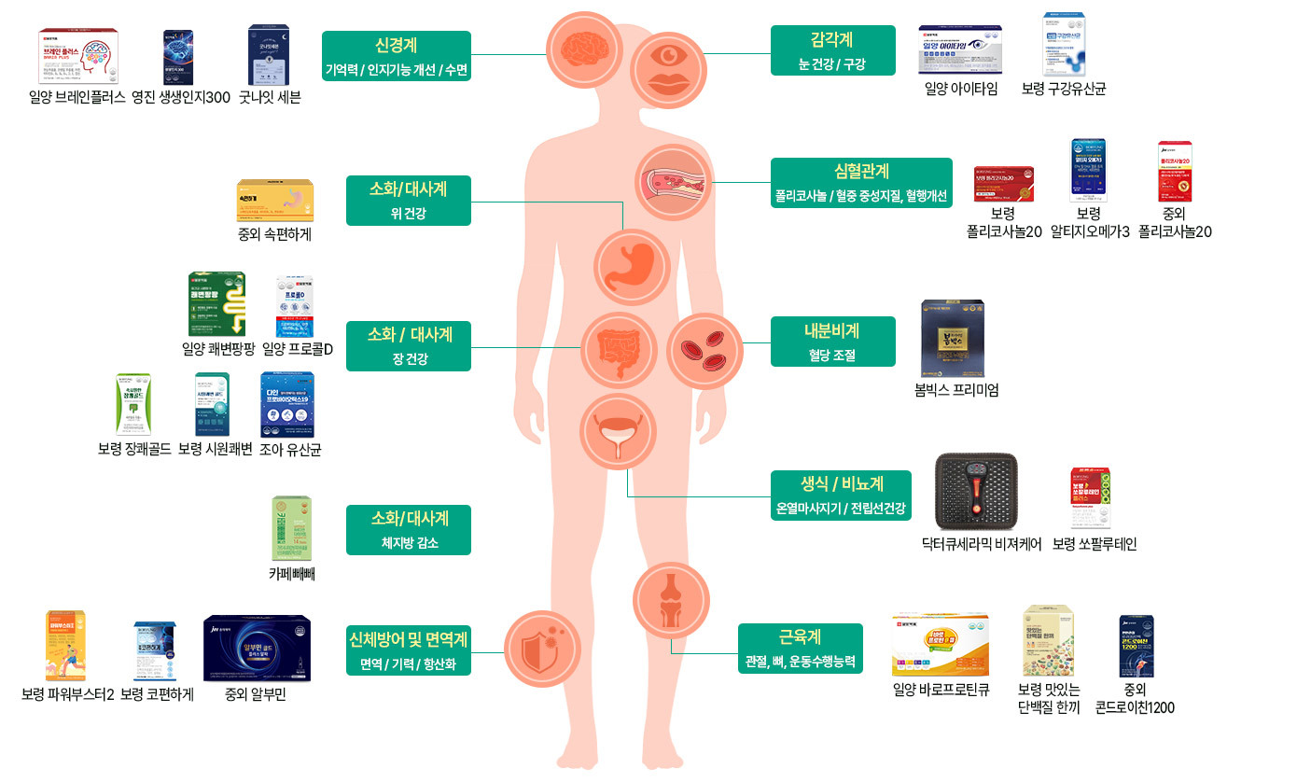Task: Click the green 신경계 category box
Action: point(397,56)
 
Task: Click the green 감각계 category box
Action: point(832,50)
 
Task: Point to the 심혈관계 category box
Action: point(861,183)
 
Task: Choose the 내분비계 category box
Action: point(832,342)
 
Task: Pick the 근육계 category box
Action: point(800,649)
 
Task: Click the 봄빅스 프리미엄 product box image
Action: point(953,338)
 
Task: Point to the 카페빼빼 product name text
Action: point(292,574)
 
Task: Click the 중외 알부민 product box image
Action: point(257,649)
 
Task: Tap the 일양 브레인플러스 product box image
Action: point(78,57)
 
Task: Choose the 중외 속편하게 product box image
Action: point(275,200)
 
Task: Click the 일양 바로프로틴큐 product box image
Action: point(940,644)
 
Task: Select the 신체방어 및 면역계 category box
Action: point(409,649)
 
